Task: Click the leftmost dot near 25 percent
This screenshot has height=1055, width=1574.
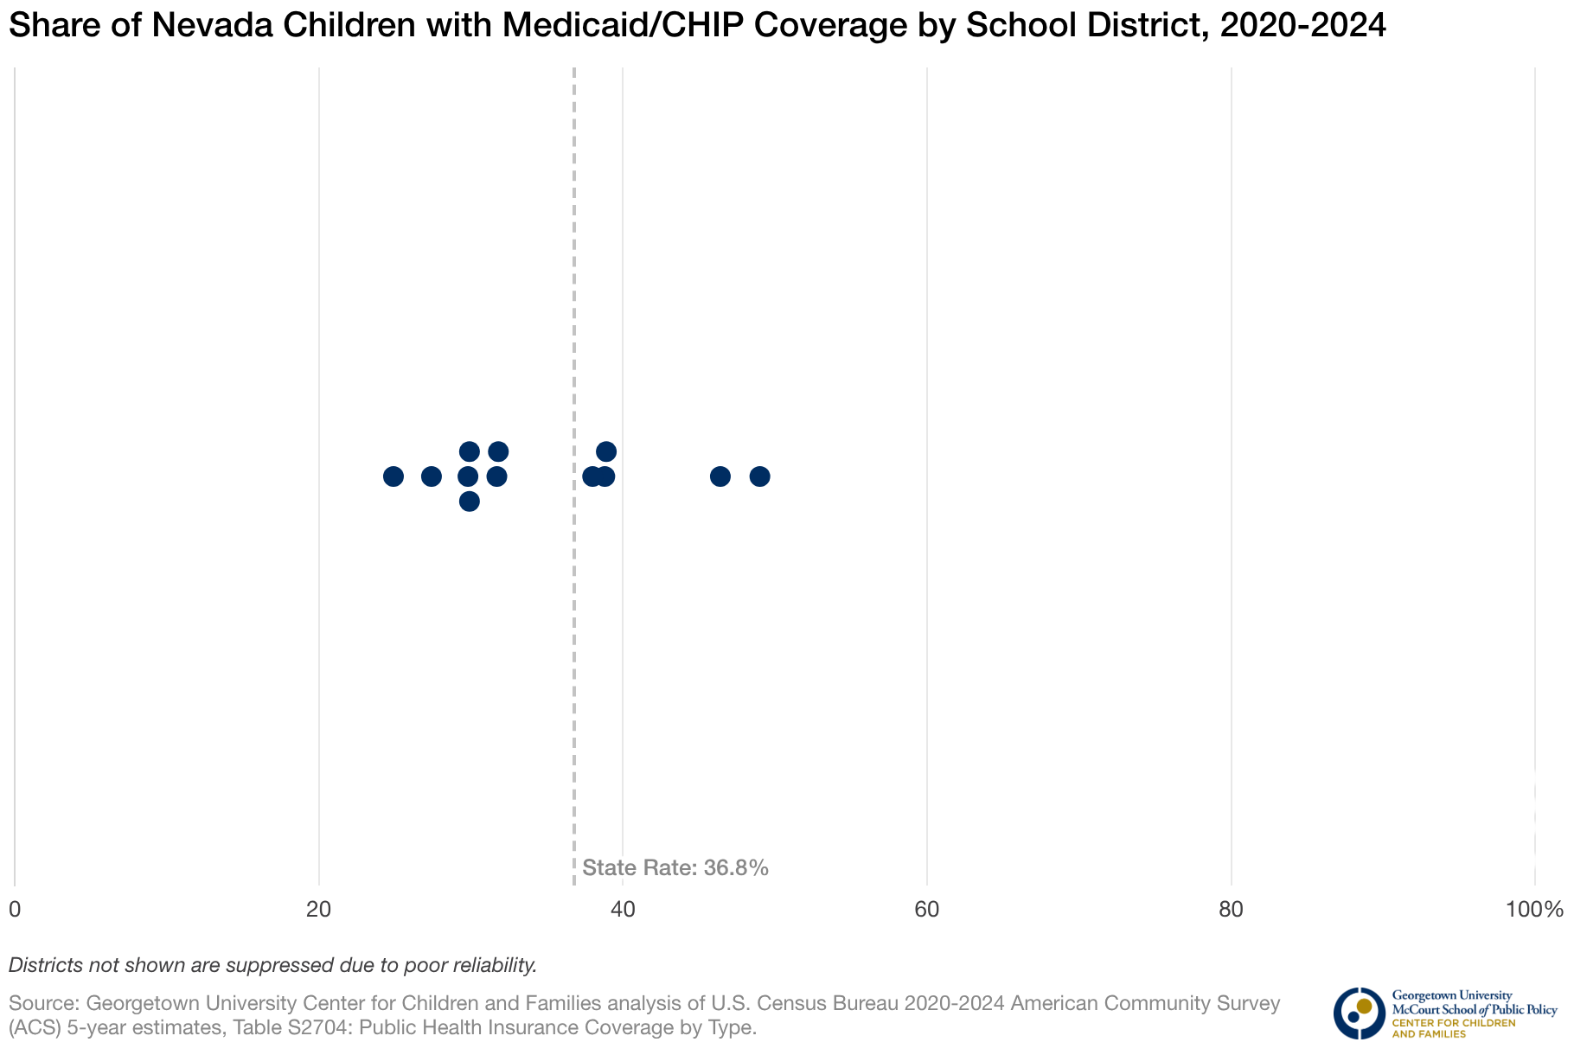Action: tap(393, 476)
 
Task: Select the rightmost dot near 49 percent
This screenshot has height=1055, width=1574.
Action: tap(759, 476)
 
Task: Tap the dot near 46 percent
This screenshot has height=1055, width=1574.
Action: tap(720, 476)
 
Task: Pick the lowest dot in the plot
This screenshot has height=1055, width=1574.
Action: tap(469, 502)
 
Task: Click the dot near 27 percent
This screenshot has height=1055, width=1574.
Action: tap(432, 476)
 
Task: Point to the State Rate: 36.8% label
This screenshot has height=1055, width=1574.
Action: tap(675, 868)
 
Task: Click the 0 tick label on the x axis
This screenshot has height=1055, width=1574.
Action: tap(15, 910)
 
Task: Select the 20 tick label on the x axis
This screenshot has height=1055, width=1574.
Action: tap(319, 910)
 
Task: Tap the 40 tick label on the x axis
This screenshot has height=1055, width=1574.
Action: tap(623, 910)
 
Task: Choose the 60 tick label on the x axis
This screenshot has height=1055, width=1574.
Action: tap(927, 910)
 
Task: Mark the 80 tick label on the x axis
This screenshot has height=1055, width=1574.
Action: tap(1231, 910)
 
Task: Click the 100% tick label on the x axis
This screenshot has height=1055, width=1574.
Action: tap(1534, 910)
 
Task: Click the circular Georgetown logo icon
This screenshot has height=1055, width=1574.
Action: tap(1359, 1013)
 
